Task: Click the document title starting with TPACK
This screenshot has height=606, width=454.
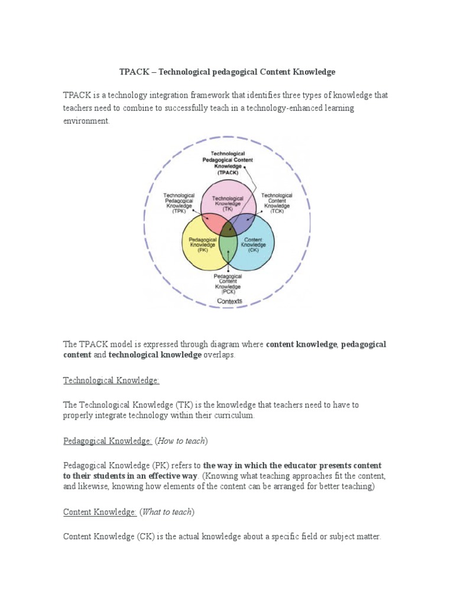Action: point(228,72)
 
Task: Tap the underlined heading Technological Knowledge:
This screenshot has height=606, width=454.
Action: point(111,381)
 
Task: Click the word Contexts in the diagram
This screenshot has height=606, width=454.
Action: point(229,301)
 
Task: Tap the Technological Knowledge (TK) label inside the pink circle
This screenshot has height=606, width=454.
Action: point(228,204)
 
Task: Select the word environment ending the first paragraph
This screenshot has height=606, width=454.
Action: point(86,120)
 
